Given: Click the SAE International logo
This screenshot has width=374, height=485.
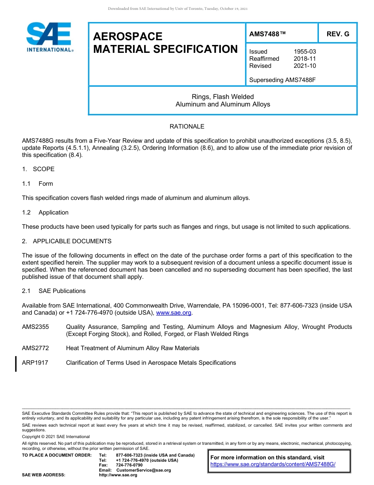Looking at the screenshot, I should point(49,37).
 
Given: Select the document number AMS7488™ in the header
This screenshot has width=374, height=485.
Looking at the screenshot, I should point(267,34).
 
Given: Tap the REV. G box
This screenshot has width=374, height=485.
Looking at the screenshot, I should point(338,34).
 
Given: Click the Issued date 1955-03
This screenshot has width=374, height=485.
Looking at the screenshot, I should point(305,52).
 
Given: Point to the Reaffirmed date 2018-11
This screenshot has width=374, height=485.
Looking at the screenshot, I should point(305,59).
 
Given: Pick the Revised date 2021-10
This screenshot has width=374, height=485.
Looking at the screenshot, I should point(305,66).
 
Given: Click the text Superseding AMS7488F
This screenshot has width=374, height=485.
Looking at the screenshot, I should point(283,80).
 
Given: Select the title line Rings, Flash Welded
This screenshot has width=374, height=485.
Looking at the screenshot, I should point(223,97).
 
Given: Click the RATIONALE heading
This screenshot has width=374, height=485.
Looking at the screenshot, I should point(187,127).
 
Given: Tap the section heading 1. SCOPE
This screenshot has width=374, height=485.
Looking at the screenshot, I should point(38,169).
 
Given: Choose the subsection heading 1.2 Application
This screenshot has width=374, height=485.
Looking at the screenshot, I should point(45,213).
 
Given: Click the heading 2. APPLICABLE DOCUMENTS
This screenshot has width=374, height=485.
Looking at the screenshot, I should point(67,241).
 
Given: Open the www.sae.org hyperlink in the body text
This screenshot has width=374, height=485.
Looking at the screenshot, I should point(174,313).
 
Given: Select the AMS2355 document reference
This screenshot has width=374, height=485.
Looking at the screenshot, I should point(35,327).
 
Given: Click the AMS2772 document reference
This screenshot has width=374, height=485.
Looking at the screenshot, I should point(35,348).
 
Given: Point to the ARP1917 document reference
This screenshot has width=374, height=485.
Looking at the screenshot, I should point(35,363).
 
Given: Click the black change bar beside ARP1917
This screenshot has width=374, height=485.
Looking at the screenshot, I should point(16,364).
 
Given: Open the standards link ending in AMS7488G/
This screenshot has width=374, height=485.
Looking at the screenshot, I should point(273,464).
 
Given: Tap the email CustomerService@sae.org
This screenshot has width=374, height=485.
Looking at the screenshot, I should point(144,470).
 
